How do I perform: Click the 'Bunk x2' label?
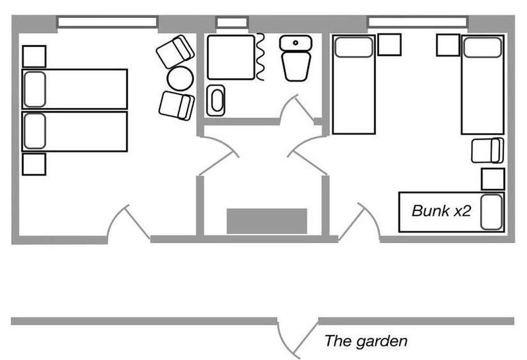coord(442,210)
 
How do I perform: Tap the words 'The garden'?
coord(365,341)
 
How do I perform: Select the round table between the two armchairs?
coord(180,78)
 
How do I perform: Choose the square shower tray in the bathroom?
coord(231,57)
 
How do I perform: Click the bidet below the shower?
coord(216,100)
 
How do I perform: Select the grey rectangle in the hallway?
coord(267,221)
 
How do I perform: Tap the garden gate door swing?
coord(289,337)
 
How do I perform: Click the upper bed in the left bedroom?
coord(75,89)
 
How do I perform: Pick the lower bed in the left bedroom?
coord(75,132)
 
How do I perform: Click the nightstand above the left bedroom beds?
coord(34,56)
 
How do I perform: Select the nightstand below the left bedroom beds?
coord(34,164)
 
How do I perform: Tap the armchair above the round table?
coord(175,51)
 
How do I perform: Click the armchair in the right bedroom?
coord(487,150)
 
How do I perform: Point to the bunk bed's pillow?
coord(492,212)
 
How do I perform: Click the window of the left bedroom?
coord(107,22)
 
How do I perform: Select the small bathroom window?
coord(231,22)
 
